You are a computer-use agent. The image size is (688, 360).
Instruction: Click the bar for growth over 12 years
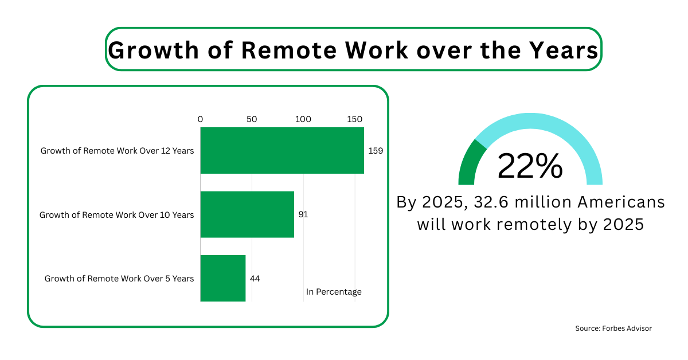coord(282,150)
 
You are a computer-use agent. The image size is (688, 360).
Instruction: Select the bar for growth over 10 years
coord(247,214)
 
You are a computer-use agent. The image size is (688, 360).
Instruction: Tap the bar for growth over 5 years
coord(223,278)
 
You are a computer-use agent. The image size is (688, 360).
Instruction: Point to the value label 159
coord(376,151)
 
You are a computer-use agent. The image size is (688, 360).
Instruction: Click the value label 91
coord(304,214)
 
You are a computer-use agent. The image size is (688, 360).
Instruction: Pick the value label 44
coord(255,279)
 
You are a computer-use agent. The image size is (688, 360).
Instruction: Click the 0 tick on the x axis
coord(200,119)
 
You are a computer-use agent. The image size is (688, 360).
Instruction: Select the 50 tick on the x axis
coord(252,119)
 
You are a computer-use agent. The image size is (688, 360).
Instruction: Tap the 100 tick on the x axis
coord(303,119)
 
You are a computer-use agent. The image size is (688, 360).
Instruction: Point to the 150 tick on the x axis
coord(354,119)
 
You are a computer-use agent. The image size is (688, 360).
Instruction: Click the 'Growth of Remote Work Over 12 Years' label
coord(117,151)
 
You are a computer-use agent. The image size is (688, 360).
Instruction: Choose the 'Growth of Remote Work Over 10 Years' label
coord(116,215)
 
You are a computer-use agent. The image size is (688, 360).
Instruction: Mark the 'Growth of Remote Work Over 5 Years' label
coord(119,279)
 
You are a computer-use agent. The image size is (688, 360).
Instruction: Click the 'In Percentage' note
coord(334,292)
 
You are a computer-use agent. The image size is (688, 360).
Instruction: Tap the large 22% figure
coord(530,166)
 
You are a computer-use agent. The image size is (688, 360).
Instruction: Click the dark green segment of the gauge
coord(469,162)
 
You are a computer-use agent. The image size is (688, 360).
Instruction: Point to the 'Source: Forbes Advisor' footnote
coord(613,328)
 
